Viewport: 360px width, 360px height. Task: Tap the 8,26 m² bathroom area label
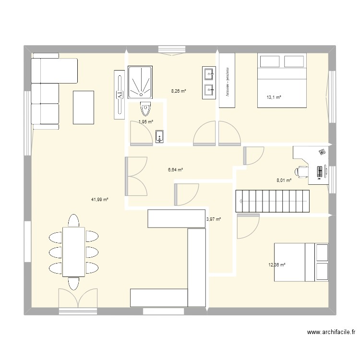point(179,90)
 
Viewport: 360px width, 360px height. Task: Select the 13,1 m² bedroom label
point(274,97)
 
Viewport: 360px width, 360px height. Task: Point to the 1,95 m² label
point(145,122)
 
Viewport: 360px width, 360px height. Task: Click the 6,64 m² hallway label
point(175,169)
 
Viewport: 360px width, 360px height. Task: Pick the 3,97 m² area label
point(213,219)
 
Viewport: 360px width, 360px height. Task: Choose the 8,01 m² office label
point(283,180)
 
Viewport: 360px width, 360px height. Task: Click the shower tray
point(141,82)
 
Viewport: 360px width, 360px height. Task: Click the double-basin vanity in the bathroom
point(209,82)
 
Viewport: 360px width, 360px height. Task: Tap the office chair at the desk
point(302,171)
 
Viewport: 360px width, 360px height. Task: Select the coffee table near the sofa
point(84,107)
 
